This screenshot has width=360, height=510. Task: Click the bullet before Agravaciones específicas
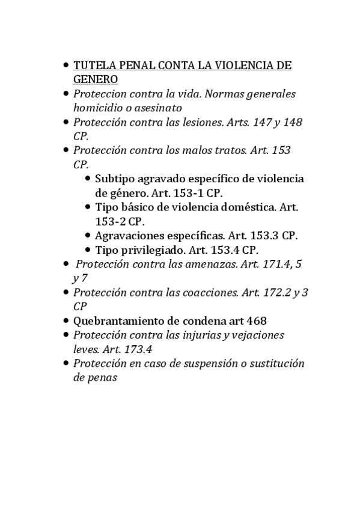tap(88, 236)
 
